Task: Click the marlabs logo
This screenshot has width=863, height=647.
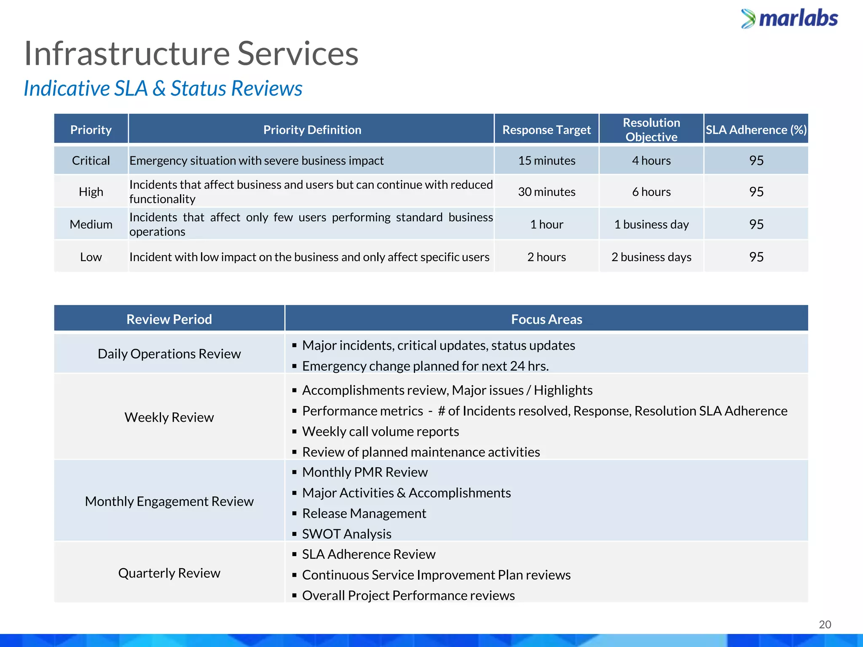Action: (790, 19)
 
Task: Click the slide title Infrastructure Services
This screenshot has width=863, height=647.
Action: (191, 53)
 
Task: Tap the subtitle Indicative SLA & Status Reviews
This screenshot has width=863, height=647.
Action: (163, 88)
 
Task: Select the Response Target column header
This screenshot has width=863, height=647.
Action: (547, 130)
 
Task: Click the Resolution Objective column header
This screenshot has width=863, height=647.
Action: (651, 129)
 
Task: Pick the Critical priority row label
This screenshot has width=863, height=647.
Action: (91, 160)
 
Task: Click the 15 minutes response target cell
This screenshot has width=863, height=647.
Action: (547, 160)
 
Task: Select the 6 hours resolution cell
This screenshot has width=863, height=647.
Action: (651, 192)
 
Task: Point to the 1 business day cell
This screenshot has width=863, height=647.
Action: (651, 224)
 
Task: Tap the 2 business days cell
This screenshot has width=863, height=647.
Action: (651, 257)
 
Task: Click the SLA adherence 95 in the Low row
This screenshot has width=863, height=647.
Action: (756, 257)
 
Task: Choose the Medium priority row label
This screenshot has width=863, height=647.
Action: (91, 224)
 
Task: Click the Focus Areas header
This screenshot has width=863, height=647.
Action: (547, 319)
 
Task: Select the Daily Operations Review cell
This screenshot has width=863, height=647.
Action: (169, 354)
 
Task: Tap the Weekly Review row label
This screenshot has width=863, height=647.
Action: (169, 417)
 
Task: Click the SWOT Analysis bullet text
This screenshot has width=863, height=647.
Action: (347, 534)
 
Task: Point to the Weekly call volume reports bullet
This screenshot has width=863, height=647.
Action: (380, 431)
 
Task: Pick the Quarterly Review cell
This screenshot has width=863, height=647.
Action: (169, 573)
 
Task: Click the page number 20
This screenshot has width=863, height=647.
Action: (825, 624)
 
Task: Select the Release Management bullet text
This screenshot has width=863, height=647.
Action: (364, 513)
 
